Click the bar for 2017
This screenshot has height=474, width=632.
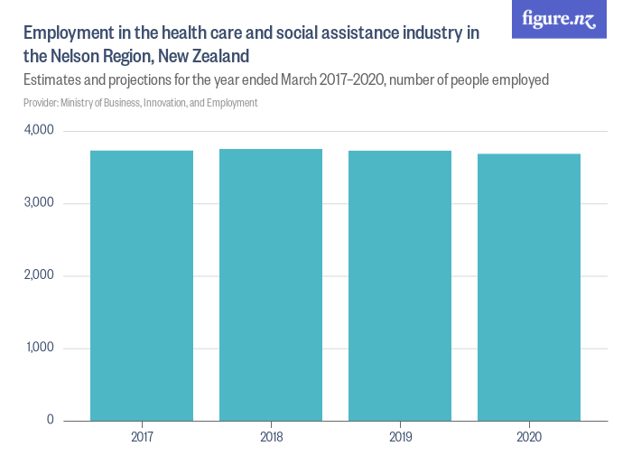142,285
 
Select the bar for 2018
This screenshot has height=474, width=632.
271,284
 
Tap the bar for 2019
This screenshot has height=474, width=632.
400,285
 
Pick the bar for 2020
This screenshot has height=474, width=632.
529,287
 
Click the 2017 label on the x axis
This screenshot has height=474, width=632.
142,438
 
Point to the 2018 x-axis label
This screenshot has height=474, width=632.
271,438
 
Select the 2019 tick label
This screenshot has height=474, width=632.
400,438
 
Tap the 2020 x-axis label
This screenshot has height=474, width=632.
529,438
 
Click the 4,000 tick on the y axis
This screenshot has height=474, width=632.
38,131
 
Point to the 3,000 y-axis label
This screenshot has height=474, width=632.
38,203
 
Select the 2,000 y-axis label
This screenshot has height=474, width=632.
38,275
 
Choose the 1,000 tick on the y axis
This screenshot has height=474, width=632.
38,348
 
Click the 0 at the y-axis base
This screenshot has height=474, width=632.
50,420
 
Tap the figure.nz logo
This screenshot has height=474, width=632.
559,19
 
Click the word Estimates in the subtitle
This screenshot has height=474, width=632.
55,80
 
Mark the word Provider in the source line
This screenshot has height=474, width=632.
42,103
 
